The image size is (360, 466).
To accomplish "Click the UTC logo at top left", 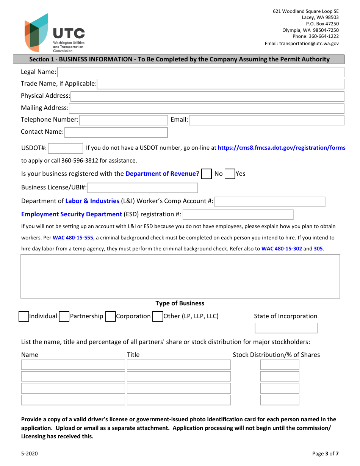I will pos(55,33).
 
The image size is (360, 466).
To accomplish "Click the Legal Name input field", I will pos(200,72).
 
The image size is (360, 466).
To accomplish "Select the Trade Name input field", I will pos(220,84).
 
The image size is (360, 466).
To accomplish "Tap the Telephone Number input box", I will pos(123,120).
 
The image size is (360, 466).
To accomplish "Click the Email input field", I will pos(266,120).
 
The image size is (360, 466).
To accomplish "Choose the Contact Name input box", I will pos(116,132).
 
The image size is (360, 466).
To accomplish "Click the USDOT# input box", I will pos(66,148).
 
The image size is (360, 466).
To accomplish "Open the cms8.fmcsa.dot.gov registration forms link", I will pos(281,148).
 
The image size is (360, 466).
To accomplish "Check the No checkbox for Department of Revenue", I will pos(207,174).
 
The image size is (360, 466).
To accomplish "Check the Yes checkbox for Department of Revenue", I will pos(230,174).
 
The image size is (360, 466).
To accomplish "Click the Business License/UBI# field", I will pos(142,188).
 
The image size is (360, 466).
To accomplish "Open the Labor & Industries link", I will pos(92,201).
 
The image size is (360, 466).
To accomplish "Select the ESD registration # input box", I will pos(238,215).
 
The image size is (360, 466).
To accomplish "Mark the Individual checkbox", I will pos(23,316).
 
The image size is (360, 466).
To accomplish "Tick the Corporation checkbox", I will pos(110,316).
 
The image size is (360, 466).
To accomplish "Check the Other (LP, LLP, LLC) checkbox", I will pos(158,316).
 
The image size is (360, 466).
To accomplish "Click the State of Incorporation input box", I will pos(286,328).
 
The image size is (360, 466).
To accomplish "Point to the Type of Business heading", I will pos(180,303).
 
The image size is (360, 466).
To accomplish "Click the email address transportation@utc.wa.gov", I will pos(309,44).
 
